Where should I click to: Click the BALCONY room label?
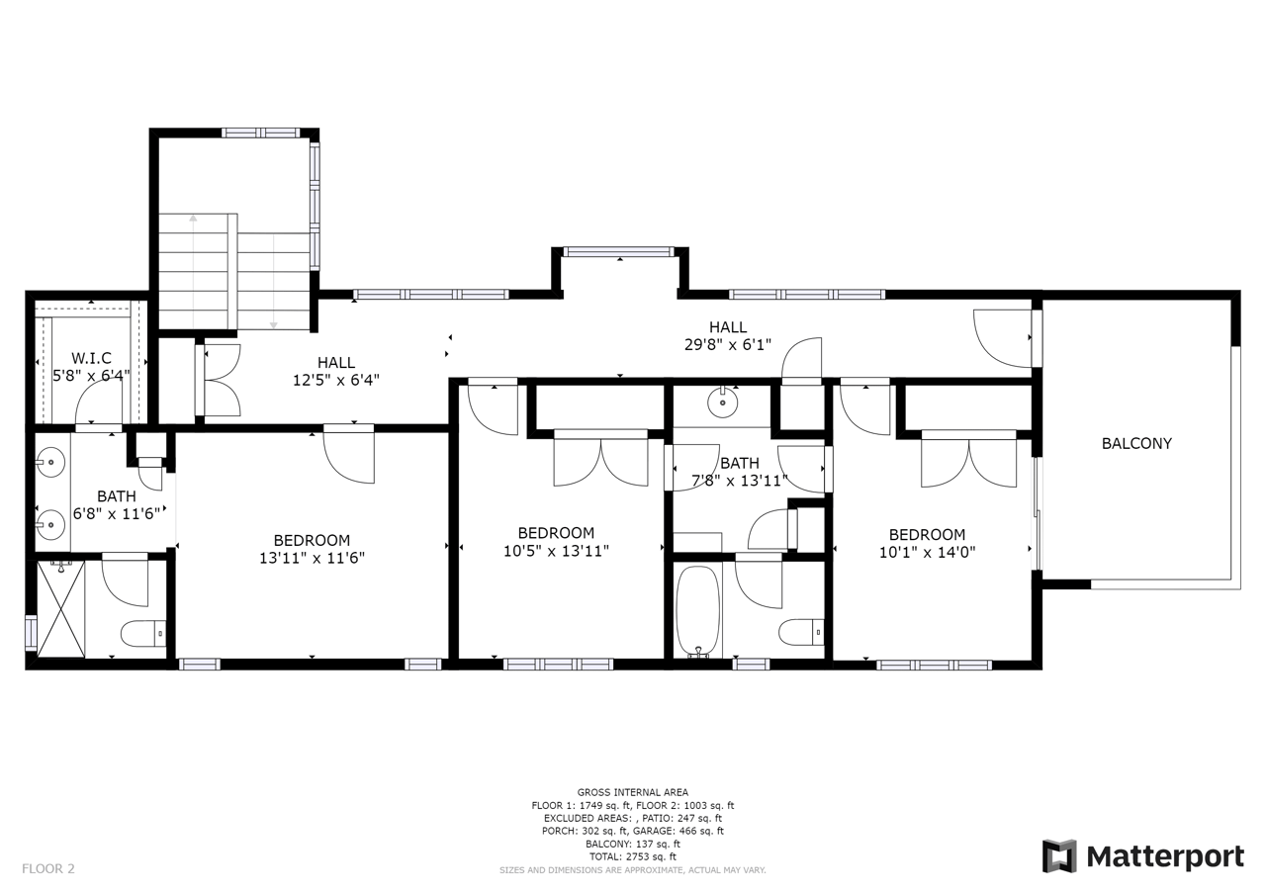pos(1136,444)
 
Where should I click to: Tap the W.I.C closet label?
pos(91,358)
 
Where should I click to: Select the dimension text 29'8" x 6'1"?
pos(728,345)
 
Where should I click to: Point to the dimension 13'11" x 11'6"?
pos(312,558)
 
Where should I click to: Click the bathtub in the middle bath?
pos(698,612)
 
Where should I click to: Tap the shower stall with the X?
pos(60,608)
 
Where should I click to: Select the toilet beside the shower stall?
pos(144,634)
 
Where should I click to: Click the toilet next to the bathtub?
pos(801,632)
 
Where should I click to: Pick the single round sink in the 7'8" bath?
pos(722,403)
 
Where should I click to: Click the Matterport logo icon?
pos(1059,856)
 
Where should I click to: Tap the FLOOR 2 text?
pos(48,869)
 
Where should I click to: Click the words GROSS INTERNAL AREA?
pos(632,793)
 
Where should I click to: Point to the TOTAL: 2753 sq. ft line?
pos(632,856)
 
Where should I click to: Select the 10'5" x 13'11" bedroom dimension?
pos(556,551)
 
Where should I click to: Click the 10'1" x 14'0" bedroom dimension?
pos(927,552)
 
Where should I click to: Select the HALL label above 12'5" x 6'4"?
pos(335,363)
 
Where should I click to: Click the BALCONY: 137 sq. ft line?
pos(632,845)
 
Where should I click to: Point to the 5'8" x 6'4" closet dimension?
pos(91,375)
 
